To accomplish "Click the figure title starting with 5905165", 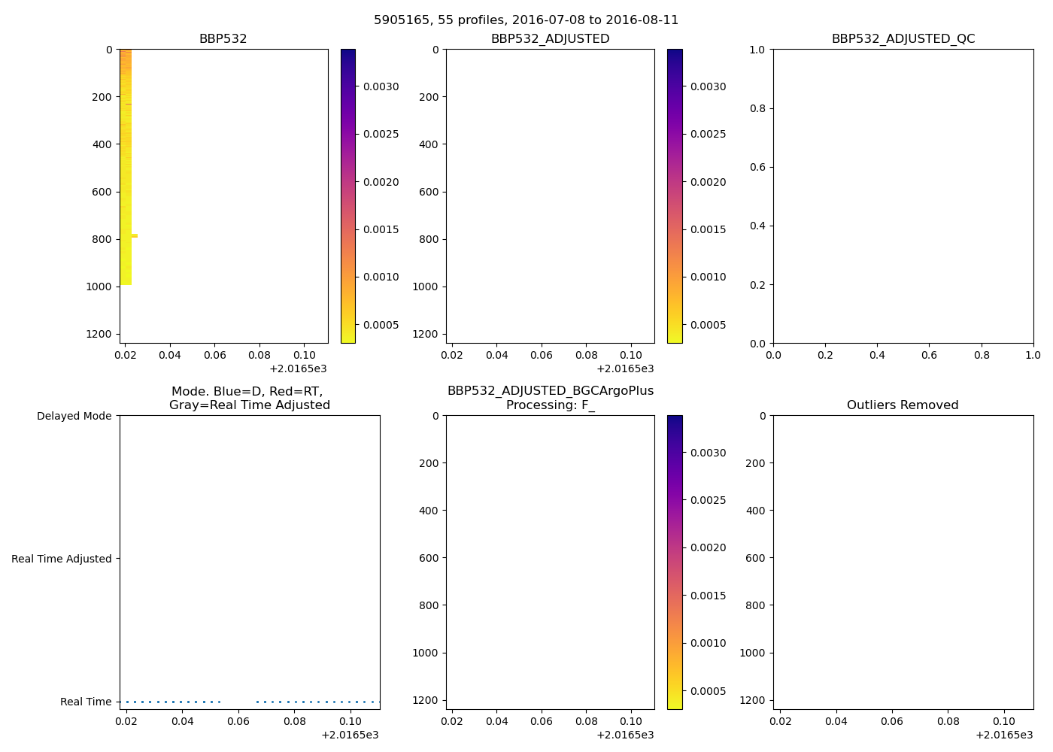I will point(526,20).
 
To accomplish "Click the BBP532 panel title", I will point(223,39).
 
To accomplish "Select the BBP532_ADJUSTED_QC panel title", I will point(903,39).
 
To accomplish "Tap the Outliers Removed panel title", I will point(903,405).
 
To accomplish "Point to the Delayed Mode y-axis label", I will point(74,416).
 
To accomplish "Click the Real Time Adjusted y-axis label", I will point(62,559).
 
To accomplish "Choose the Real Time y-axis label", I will point(86,702).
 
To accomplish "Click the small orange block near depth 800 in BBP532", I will point(135,236).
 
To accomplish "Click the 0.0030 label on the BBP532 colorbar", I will point(381,86).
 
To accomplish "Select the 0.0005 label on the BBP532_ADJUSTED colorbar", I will point(708,325).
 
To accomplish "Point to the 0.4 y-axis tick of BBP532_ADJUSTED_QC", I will point(758,226).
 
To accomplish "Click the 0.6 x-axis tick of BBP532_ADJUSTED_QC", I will point(929,355).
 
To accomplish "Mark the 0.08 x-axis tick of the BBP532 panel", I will point(259,355).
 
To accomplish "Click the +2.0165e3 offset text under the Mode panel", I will point(350,735).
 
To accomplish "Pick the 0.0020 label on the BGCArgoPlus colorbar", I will point(708,547).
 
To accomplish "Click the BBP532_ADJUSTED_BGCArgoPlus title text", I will point(550,391).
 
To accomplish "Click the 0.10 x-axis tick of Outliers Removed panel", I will point(1004,721).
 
